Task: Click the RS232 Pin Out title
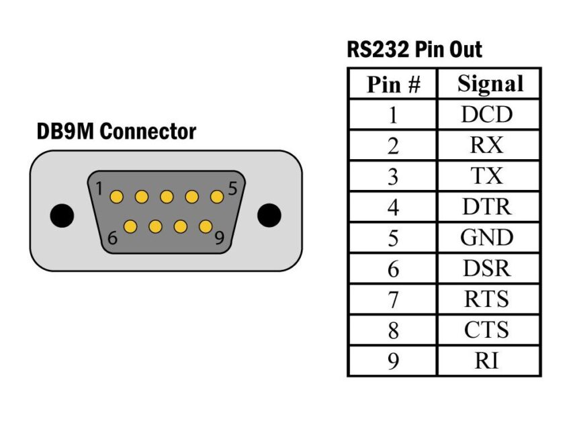tap(414, 49)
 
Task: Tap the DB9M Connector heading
tap(116, 132)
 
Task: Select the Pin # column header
tap(393, 85)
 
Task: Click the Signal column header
tap(489, 84)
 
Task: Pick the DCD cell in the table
tap(487, 115)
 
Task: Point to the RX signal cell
tap(487, 146)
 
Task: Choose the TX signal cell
tap(487, 176)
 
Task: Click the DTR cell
tap(487, 207)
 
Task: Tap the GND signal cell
tap(487, 238)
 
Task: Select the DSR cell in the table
tap(487, 269)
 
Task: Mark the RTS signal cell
tap(487, 299)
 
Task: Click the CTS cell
tap(487, 330)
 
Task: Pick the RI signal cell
tap(487, 361)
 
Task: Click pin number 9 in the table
tap(393, 361)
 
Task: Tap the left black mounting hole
tap(62, 215)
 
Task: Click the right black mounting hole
tap(269, 215)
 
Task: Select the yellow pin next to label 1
tap(116, 197)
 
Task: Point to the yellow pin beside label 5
tap(216, 197)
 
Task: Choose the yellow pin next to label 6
tap(130, 226)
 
